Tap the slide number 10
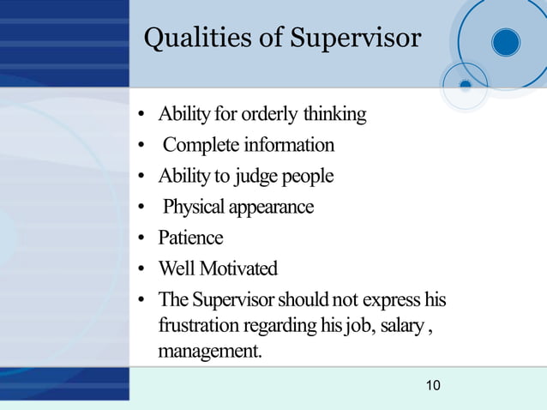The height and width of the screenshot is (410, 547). point(433,386)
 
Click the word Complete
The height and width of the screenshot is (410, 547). point(201,145)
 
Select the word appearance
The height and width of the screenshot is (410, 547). point(270,208)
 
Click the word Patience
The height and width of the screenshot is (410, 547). point(190,238)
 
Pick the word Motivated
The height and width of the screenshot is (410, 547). point(238,269)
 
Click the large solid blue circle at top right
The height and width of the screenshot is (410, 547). point(506,42)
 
